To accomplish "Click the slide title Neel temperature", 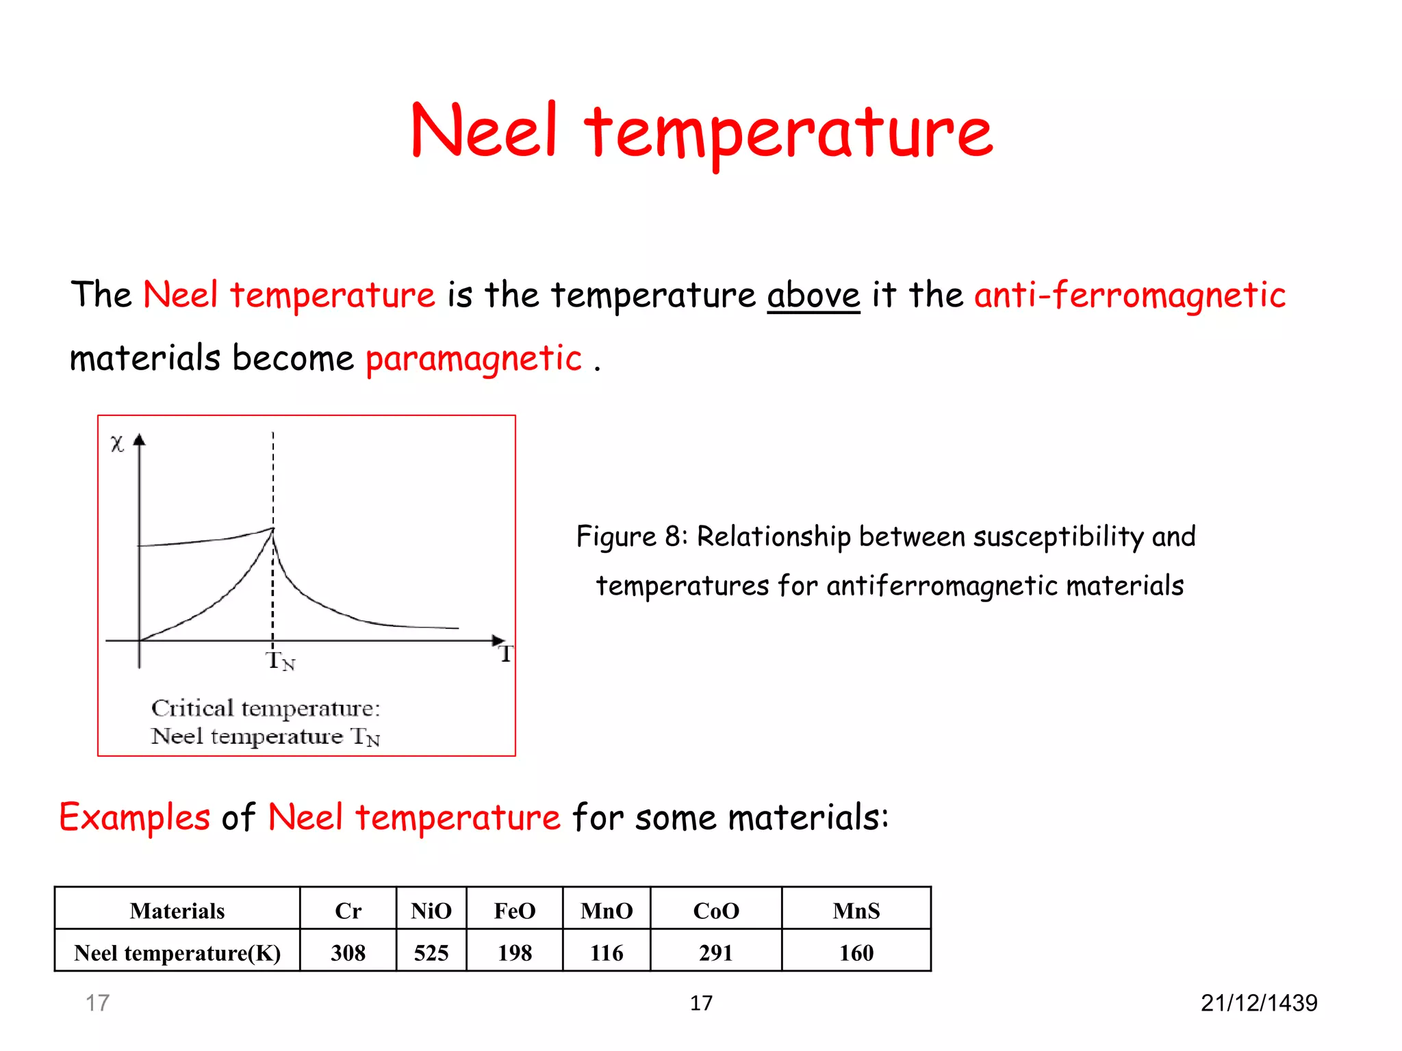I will click(701, 131).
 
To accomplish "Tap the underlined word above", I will click(813, 296).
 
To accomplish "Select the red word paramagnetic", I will click(473, 359).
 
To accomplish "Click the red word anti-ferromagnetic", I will click(1130, 296).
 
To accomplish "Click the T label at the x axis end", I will click(505, 654).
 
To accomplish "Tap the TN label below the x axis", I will click(280, 661).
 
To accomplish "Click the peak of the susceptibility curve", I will click(273, 529).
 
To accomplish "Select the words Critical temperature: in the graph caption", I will click(266, 708).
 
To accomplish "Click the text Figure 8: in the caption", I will click(631, 536).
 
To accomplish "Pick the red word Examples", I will click(135, 817).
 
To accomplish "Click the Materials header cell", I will click(177, 911).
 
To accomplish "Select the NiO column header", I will click(431, 911).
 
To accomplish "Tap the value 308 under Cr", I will click(348, 952).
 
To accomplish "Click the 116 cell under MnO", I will click(607, 952).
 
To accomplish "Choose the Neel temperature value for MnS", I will click(856, 952).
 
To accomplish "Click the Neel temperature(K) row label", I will click(177, 952).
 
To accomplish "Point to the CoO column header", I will click(716, 911).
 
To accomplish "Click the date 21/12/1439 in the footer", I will click(1258, 1003).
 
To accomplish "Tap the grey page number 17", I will click(97, 1003).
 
